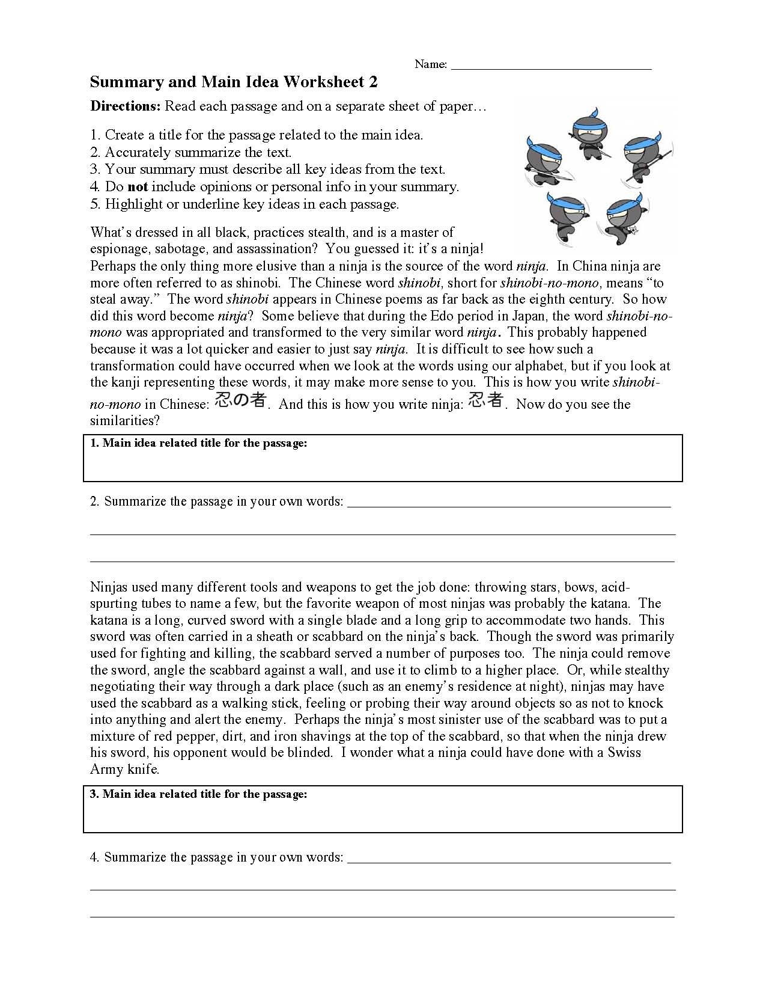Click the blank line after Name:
coord(551,65)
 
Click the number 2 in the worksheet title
coord(374,82)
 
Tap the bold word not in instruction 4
coord(138,187)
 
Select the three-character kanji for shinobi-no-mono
coord(240,401)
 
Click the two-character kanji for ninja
coord(485,401)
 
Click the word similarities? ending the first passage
coord(125,421)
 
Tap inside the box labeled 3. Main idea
coord(383,815)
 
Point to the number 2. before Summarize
coord(95,501)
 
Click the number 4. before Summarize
coord(95,857)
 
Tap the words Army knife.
coord(124,770)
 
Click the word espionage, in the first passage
coord(119,250)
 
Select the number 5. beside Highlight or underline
coord(95,204)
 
